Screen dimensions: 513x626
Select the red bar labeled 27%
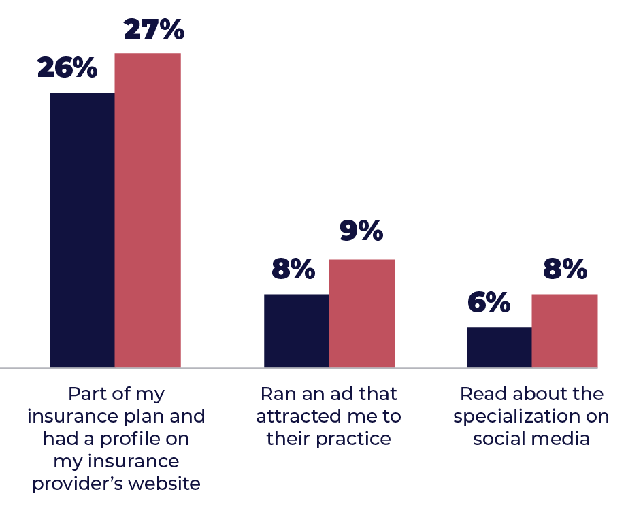[x=148, y=210]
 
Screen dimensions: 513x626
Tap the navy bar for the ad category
[x=296, y=331]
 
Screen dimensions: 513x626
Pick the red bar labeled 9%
[x=361, y=314]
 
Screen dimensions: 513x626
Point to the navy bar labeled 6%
[x=499, y=348]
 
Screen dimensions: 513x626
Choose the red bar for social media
[x=564, y=331]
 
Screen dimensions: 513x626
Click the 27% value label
[x=153, y=30]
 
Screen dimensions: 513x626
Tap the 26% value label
[x=67, y=68]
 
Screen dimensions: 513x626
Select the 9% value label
[x=361, y=232]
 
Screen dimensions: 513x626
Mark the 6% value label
[x=489, y=303]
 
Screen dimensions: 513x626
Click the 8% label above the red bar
[x=565, y=270]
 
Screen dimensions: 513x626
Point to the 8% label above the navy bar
[x=293, y=270]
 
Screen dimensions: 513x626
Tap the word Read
[x=480, y=394]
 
